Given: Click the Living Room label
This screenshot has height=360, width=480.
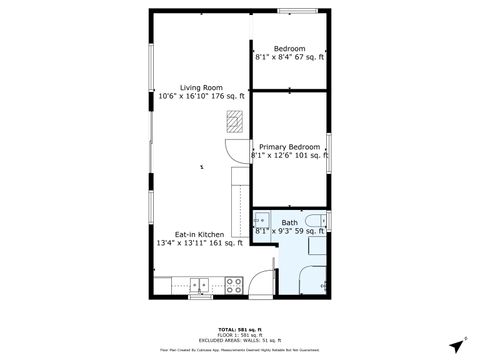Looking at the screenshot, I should [x=201, y=87].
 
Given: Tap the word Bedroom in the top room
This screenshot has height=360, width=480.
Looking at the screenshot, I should [x=290, y=49].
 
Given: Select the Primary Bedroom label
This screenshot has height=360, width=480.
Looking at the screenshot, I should [x=289, y=147].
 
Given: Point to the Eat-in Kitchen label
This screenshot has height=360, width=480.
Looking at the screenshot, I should [x=199, y=233].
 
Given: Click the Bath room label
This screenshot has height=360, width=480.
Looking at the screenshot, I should [x=289, y=222].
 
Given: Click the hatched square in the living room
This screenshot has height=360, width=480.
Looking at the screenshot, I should [x=234, y=122].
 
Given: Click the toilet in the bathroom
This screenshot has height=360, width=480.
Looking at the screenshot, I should [x=316, y=221].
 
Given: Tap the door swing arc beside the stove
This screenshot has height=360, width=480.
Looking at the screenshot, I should [x=259, y=285].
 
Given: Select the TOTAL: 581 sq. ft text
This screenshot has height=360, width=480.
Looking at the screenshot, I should [x=239, y=328].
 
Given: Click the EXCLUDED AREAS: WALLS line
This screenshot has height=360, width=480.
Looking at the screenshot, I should [x=239, y=340].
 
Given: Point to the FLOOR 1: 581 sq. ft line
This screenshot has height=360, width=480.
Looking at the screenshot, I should [x=239, y=334].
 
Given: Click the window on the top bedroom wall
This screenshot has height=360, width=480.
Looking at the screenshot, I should [x=295, y=12].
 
